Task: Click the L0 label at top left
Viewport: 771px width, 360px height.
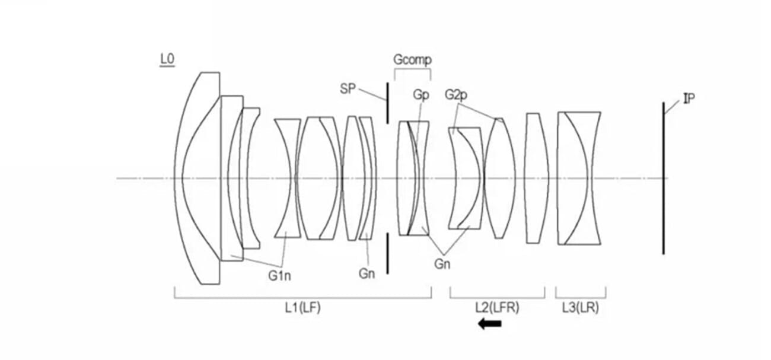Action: click(x=167, y=59)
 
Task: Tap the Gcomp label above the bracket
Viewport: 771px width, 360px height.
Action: click(x=412, y=60)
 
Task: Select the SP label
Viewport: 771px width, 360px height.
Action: click(x=349, y=88)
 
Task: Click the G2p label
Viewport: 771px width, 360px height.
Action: click(x=457, y=95)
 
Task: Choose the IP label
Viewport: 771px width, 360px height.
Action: click(x=689, y=99)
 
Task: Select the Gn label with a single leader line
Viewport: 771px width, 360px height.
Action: click(x=367, y=274)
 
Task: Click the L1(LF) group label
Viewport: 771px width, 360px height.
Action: click(x=302, y=307)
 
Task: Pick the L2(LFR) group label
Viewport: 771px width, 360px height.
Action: click(x=497, y=307)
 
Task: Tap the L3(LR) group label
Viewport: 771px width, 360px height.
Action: click(x=580, y=307)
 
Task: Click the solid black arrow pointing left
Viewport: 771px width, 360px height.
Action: click(x=490, y=324)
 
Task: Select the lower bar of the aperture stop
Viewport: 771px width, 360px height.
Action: click(x=388, y=253)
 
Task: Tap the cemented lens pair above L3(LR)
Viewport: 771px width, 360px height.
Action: click(x=579, y=178)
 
